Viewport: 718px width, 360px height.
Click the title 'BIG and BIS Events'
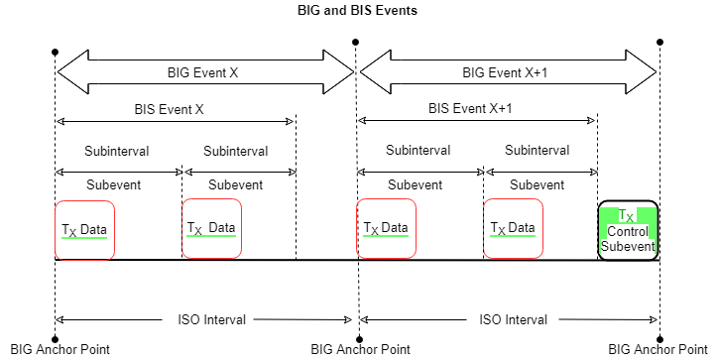click(357, 11)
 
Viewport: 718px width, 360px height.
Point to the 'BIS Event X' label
click(169, 107)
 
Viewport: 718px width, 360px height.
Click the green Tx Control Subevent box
click(628, 230)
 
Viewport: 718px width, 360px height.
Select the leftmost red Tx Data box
click(84, 230)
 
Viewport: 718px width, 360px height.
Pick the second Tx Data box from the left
click(211, 229)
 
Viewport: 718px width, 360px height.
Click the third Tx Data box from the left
click(387, 230)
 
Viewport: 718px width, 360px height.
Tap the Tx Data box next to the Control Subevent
click(514, 229)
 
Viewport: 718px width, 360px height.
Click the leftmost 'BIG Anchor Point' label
click(59, 349)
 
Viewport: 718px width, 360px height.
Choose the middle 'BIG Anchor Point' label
click(360, 349)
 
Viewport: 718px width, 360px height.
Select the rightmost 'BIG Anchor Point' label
click(658, 349)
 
